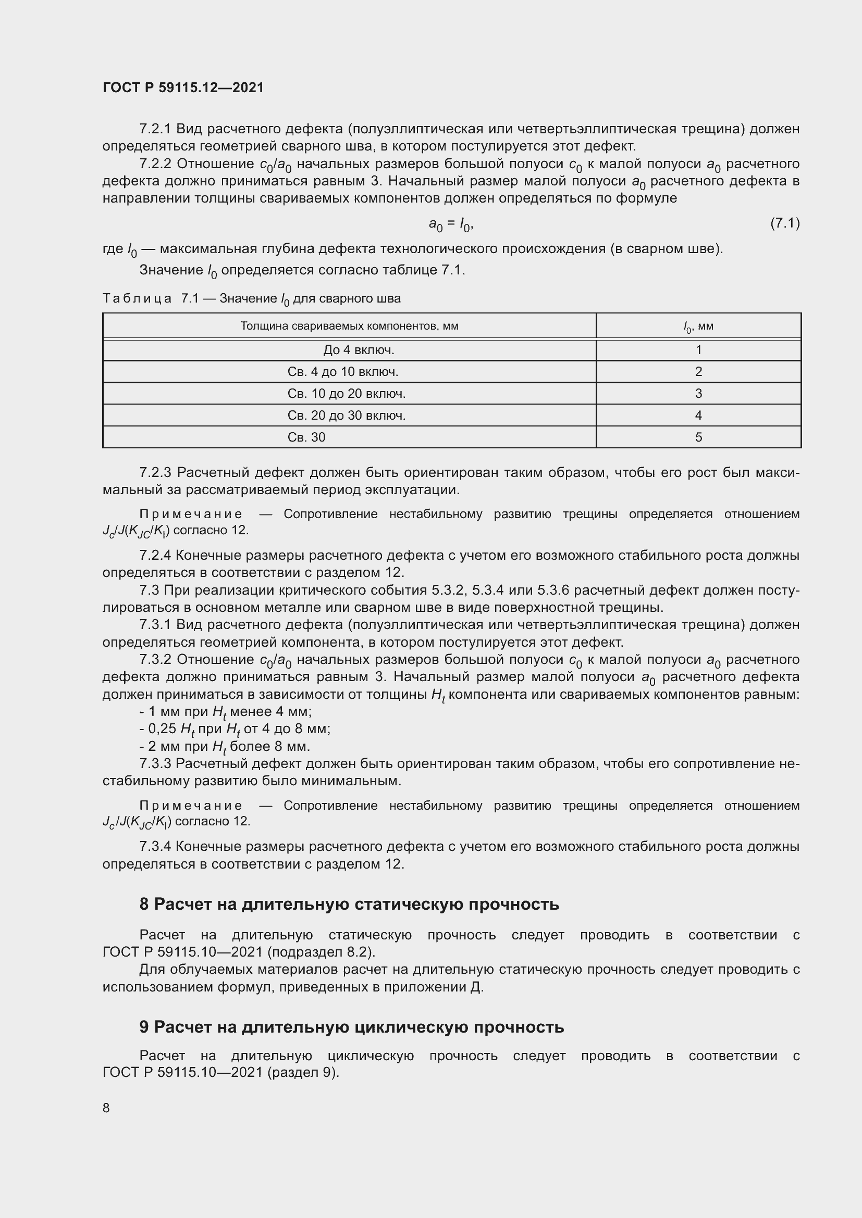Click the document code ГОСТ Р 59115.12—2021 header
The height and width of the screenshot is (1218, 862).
click(183, 87)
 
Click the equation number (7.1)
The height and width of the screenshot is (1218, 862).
click(784, 223)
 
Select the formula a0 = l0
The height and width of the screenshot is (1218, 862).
click(451, 225)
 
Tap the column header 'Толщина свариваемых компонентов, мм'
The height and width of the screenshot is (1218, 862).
click(349, 325)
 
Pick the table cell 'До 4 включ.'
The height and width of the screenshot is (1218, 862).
click(359, 350)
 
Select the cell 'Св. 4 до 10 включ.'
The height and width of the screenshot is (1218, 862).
click(343, 372)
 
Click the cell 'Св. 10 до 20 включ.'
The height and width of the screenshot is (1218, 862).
click(347, 394)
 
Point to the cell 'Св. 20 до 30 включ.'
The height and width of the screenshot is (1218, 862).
click(347, 416)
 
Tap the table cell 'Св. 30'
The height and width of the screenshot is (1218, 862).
click(306, 437)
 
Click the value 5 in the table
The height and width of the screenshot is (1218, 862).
click(698, 437)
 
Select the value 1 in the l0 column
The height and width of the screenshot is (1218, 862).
click(698, 350)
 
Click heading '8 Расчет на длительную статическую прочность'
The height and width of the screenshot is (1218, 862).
click(349, 904)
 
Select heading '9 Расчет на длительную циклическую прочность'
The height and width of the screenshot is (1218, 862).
click(351, 1027)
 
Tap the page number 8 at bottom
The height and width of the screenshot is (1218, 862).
click(106, 1108)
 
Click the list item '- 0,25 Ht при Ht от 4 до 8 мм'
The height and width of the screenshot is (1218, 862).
click(235, 730)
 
